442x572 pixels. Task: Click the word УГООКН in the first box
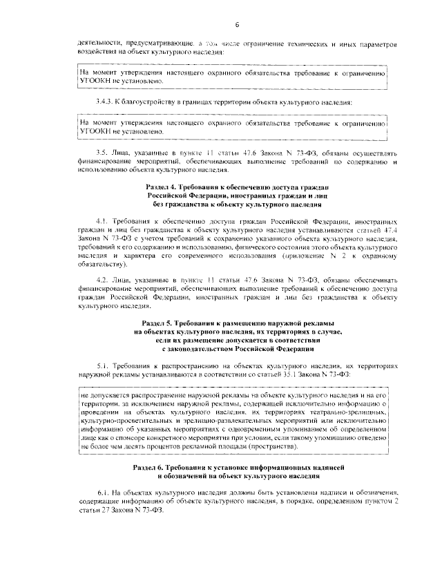[95, 80]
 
